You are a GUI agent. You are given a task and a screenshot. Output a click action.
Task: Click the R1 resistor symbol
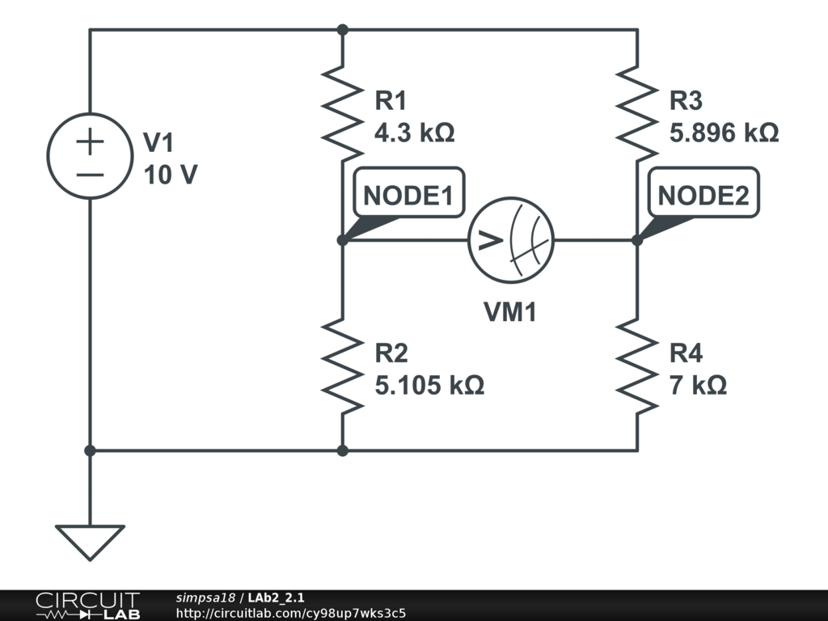(x=343, y=114)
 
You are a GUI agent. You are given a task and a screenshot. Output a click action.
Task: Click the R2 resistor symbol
(x=343, y=365)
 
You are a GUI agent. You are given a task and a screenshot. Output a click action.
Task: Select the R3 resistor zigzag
(x=637, y=114)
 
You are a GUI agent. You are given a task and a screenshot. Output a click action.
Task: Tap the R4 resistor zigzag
(x=637, y=365)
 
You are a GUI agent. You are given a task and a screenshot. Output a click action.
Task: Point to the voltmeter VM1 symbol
(x=511, y=239)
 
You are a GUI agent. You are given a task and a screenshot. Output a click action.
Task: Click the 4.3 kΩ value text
(x=414, y=133)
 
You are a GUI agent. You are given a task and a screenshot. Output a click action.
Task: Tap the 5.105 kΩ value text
(x=429, y=385)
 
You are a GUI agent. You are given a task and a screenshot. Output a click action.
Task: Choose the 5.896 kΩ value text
(x=724, y=133)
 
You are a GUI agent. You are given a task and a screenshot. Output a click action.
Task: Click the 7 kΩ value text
(x=698, y=385)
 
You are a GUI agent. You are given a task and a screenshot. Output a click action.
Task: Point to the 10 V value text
(x=170, y=175)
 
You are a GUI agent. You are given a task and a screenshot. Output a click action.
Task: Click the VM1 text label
(x=510, y=312)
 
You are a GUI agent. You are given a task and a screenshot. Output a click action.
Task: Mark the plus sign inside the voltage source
(x=90, y=142)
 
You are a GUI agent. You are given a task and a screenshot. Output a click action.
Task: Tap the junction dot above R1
(x=343, y=30)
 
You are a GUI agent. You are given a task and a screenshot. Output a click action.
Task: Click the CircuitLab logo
(x=87, y=606)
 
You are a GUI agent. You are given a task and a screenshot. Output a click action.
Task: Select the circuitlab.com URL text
(x=290, y=613)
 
